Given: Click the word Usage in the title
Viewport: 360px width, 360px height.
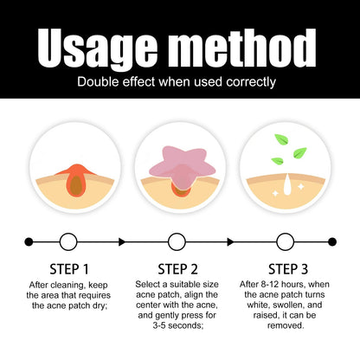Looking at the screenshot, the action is coord(98,48).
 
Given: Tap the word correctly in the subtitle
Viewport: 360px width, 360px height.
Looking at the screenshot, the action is coord(251,83).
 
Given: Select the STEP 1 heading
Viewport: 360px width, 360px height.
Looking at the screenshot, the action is coord(69,269).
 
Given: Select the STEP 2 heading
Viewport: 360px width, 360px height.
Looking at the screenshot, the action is coord(177,269).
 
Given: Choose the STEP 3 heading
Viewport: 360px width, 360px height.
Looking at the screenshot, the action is coord(288,269).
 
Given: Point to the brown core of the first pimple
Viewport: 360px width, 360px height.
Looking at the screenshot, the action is coord(76,185).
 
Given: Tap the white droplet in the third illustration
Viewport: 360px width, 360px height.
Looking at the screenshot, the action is coord(287,185).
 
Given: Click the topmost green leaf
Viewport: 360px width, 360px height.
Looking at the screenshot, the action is coord(282,139).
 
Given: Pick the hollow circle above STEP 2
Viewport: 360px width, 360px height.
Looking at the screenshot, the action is coord(177,241).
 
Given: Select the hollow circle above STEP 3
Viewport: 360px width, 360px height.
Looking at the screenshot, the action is coord(285,241).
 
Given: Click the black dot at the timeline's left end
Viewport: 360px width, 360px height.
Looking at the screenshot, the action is coord(29,241).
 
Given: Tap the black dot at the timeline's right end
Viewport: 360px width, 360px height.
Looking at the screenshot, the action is coord(332,241).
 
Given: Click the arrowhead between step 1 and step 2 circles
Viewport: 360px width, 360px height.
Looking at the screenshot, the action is coord(122,241).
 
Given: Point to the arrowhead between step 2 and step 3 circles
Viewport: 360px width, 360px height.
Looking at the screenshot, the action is coord(230,241).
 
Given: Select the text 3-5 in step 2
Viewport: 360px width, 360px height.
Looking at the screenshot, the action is coord(159,325).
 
